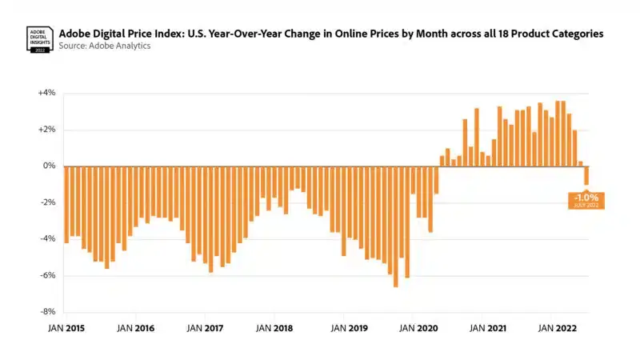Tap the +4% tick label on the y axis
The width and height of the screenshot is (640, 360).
point(46,93)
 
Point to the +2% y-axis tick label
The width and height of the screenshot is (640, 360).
point(46,130)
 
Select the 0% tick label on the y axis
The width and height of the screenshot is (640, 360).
point(49,166)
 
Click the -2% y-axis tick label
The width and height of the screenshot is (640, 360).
point(46,202)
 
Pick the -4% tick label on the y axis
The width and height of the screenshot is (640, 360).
point(46,239)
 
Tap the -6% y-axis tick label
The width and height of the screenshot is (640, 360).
point(46,276)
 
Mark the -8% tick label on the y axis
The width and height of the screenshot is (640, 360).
point(46,312)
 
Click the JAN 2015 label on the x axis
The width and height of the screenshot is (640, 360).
point(66,328)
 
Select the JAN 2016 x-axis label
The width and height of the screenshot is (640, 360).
point(135,328)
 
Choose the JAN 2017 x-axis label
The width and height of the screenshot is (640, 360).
point(205,328)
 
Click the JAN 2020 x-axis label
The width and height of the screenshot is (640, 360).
point(418,328)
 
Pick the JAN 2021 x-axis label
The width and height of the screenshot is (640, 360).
point(486,328)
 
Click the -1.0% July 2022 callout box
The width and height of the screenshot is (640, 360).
point(586,200)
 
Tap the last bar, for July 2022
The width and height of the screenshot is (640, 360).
point(586,175)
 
